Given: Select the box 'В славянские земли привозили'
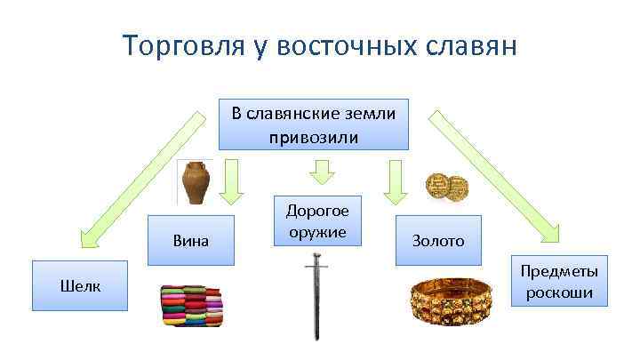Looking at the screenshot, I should (314, 124).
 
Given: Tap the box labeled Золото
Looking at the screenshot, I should (436, 241).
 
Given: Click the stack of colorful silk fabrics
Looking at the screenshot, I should (192, 307).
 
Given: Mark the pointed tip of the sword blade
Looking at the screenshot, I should (316, 338).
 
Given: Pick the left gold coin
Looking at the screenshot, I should (436, 185).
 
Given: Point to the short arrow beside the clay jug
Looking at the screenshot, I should (233, 181).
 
